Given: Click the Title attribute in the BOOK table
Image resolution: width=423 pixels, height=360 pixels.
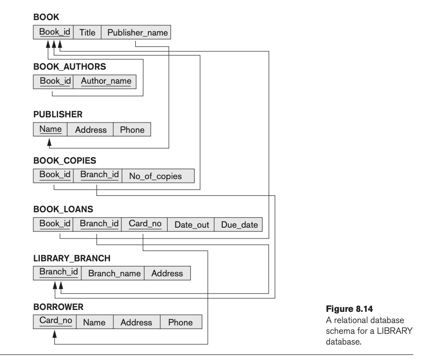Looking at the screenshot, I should [88, 33].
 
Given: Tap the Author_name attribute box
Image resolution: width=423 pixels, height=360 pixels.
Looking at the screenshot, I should [106, 81].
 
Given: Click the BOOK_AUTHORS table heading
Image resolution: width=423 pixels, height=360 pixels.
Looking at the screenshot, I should [66, 66].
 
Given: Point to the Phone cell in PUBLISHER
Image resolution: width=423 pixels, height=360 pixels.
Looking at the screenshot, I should [132, 130].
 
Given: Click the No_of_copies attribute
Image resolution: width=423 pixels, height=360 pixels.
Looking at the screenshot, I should [158, 176].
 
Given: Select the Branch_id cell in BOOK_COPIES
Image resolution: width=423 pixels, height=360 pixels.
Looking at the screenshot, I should [97, 176].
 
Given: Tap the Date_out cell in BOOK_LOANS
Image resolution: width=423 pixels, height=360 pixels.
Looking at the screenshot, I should [191, 224].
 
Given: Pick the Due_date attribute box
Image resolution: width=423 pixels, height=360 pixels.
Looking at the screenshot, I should [239, 224].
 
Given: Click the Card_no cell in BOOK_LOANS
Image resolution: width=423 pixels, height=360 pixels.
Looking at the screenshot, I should [145, 224].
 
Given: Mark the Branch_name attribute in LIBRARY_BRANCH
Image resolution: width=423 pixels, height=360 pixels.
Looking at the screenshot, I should [113, 273].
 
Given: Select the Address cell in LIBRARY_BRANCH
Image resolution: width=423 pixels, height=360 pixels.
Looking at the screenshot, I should [167, 273].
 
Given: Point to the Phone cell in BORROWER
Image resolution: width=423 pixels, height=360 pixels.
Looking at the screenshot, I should [180, 322].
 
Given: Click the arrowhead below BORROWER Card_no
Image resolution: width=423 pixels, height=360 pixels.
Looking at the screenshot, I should [54, 334].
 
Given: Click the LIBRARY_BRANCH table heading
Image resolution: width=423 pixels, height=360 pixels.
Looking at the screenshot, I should [72, 258].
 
